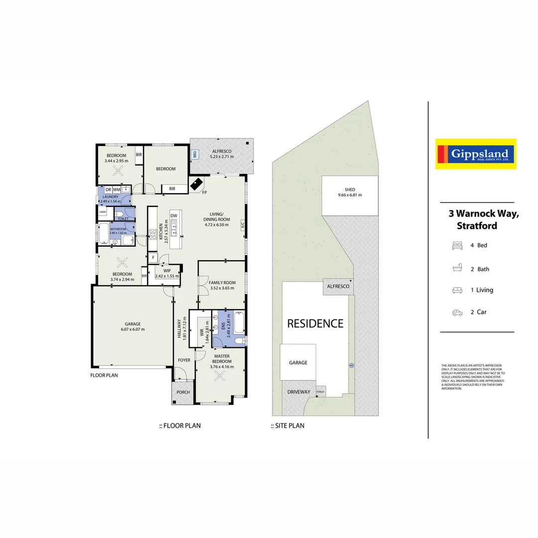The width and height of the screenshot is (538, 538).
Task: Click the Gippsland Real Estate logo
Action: [475, 154]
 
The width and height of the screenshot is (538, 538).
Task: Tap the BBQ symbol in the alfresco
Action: [195, 155]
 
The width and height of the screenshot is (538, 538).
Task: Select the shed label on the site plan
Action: [350, 190]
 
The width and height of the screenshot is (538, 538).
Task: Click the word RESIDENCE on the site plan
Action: [315, 324]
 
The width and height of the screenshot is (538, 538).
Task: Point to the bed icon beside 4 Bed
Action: [457, 245]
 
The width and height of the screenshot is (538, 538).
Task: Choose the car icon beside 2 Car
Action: [457, 312]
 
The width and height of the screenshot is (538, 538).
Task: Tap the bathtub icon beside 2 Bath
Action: [457, 269]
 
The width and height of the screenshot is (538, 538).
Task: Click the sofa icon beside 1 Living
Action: [457, 290]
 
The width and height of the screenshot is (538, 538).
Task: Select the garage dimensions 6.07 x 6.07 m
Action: [133, 329]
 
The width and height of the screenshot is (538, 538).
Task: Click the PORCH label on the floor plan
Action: [183, 392]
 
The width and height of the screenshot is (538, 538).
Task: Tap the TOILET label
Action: [123, 219]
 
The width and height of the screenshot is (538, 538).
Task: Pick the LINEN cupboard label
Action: [103, 212]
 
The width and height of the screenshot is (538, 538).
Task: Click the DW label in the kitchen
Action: [174, 216]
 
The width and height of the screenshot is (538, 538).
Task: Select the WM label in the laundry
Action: [117, 190]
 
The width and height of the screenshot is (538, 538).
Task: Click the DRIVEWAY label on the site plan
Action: [299, 392]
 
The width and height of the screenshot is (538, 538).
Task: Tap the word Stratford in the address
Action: [477, 226]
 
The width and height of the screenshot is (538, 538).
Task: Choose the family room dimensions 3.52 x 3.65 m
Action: [222, 288]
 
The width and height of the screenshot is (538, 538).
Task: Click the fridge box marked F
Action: [153, 258]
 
